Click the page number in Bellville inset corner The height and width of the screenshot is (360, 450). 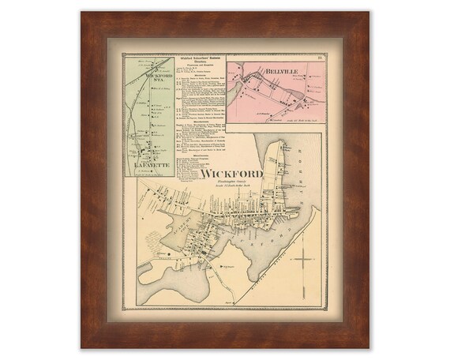(312, 57)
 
